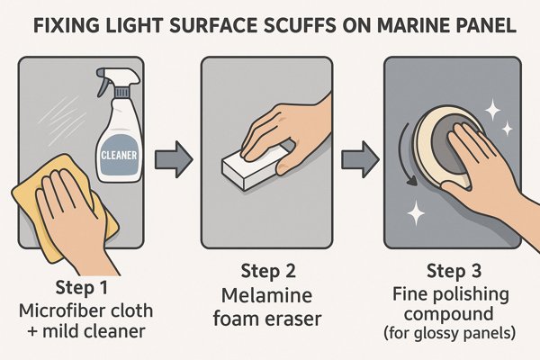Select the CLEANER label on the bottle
click(119, 156)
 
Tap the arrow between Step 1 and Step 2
click(174, 159)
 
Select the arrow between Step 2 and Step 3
click(360, 159)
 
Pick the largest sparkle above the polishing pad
click(492, 110)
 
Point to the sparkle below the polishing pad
click(416, 212)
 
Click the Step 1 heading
click(82, 287)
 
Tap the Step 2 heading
click(268, 271)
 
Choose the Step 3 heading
click(454, 271)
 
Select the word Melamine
click(267, 295)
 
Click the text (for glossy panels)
click(449, 333)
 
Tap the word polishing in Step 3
click(472, 295)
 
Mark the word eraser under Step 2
click(294, 319)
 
